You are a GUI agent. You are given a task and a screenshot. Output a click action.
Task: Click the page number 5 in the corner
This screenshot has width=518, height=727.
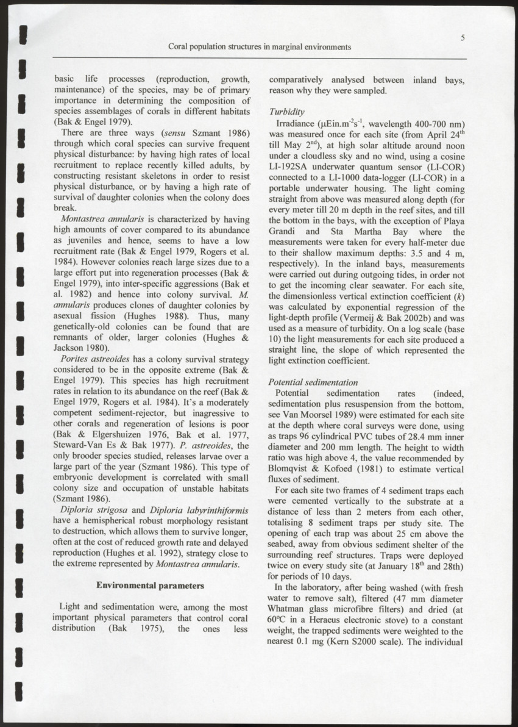click(463, 38)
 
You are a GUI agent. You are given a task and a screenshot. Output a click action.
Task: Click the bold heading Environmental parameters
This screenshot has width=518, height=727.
click(150, 586)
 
